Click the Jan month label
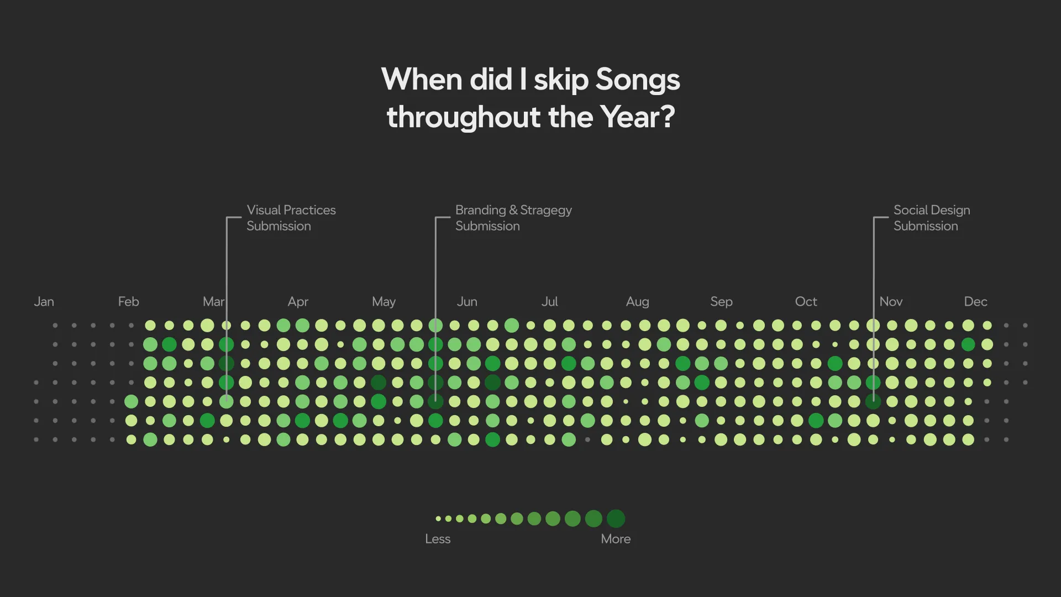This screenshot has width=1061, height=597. pos(44,302)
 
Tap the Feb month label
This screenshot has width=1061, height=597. pos(128,302)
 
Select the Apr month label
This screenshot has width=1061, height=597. pos(298,302)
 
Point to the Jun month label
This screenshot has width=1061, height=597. pos(467,302)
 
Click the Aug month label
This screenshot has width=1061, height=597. pos(637,302)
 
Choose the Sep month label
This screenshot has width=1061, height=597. pos(721,302)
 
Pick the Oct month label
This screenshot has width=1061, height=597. pos(806,302)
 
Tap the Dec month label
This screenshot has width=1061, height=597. pos(975,302)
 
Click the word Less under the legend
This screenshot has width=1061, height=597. pos(438,539)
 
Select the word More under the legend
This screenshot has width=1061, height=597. pos(616,539)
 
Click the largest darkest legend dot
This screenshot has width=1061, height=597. pos(616,519)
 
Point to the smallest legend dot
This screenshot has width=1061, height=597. pos(438,519)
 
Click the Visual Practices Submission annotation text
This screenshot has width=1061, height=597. pos(291,218)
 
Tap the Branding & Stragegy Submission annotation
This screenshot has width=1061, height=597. pos(513,218)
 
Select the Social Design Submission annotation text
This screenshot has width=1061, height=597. pos(932,218)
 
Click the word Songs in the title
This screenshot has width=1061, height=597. pos(638,80)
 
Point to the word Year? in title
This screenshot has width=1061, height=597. pos(637,117)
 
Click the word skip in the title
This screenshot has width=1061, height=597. pos(561,81)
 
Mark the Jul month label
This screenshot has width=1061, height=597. pos(549,302)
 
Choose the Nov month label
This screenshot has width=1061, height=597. pos(891,302)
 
